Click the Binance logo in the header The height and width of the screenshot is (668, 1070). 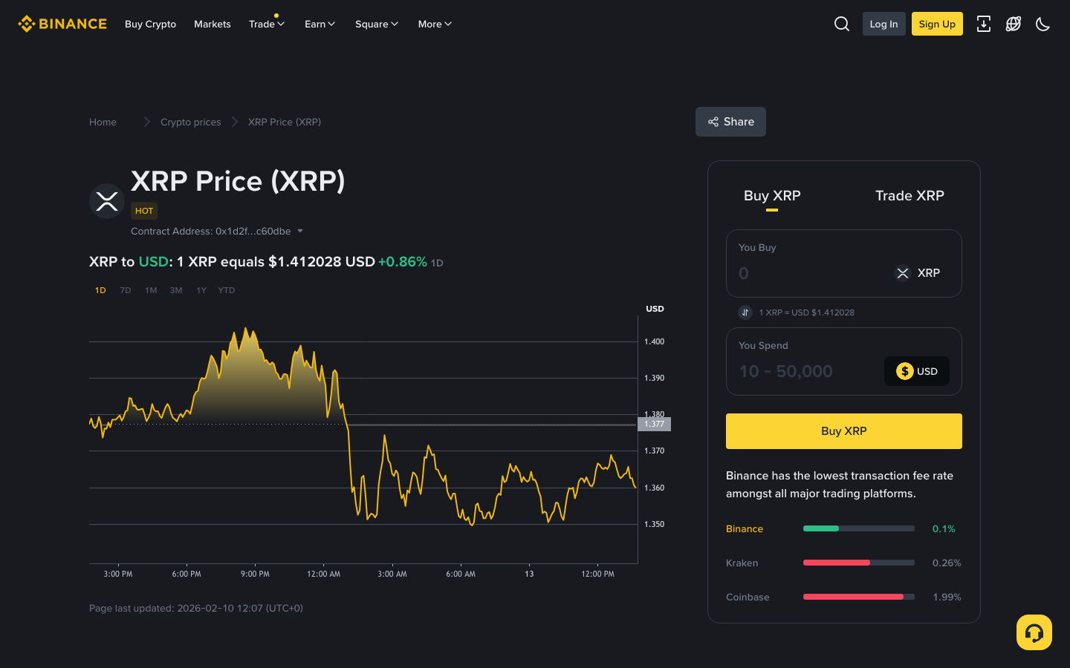(62, 24)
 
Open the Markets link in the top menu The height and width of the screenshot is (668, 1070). (212, 24)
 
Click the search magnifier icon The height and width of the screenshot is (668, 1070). (841, 24)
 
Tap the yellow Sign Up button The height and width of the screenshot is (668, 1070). (936, 24)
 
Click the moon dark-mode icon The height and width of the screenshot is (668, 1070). (1043, 24)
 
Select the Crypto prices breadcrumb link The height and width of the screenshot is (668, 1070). (190, 122)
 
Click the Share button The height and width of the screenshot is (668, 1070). (730, 122)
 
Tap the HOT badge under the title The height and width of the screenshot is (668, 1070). (144, 211)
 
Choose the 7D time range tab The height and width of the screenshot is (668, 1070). (126, 290)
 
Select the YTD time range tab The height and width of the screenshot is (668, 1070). (226, 290)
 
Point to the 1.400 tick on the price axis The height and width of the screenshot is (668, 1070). (654, 341)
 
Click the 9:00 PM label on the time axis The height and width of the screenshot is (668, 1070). (255, 574)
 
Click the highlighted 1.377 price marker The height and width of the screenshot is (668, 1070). (654, 424)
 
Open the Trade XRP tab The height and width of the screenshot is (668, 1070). (909, 196)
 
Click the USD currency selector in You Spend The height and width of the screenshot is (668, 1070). (916, 371)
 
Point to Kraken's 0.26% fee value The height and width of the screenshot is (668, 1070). (946, 563)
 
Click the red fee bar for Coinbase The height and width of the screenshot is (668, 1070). (853, 597)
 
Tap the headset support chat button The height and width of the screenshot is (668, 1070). (1034, 632)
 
